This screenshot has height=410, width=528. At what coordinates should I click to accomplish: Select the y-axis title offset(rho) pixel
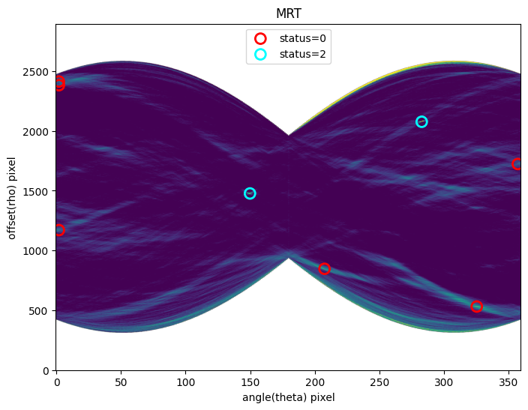click(12, 197)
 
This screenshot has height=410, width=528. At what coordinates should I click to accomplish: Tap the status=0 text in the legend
click(302, 38)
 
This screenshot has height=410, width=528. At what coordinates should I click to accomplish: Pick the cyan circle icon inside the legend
click(260, 54)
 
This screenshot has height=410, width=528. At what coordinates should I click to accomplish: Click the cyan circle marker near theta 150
click(250, 193)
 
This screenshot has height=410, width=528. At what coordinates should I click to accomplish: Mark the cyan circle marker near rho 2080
click(421, 121)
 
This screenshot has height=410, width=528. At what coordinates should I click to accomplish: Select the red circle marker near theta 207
click(324, 268)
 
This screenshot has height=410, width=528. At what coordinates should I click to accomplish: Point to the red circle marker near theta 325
click(476, 307)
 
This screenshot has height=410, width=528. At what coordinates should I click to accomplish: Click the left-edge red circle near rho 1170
click(58, 230)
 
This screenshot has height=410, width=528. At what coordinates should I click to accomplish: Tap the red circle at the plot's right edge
click(517, 164)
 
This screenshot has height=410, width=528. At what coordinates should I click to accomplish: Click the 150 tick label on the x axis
click(250, 382)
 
